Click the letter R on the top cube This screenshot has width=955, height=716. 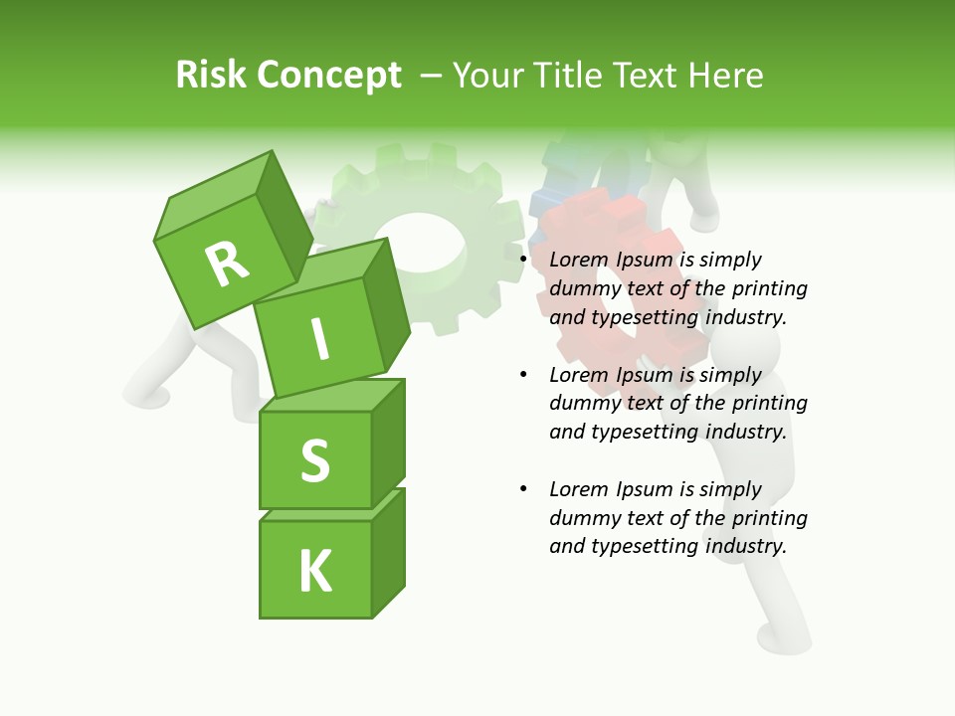[227, 264]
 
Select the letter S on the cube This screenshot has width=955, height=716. [314, 460]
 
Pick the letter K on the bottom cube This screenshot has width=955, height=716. [314, 571]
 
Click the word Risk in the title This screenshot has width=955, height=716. [209, 76]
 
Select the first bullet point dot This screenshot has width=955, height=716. [523, 261]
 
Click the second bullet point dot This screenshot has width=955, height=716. [523, 376]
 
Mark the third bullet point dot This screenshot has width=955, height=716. [523, 490]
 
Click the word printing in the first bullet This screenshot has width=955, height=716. [769, 288]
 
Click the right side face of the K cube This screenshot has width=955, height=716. [388, 555]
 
